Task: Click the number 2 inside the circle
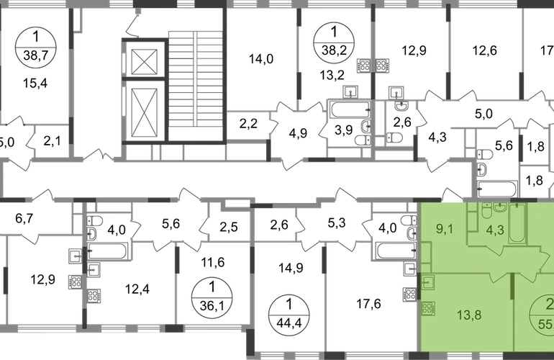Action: pyautogui.click(x=549, y=303)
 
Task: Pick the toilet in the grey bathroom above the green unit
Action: pyautogui.click(x=486, y=155)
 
